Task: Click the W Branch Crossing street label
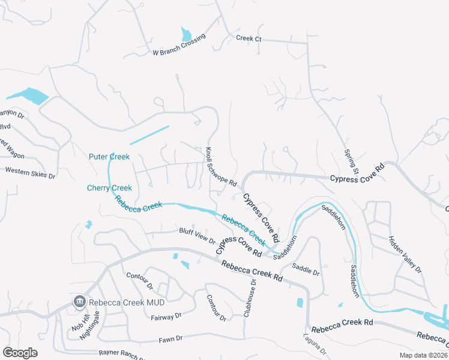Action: click(179, 45)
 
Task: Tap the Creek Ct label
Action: click(249, 38)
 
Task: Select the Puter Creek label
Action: click(109, 157)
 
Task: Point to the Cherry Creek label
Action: click(109, 188)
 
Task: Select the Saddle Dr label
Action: click(306, 269)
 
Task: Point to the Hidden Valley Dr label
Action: click(405, 254)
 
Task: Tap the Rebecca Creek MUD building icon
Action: click(79, 301)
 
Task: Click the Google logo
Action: click(20, 352)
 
